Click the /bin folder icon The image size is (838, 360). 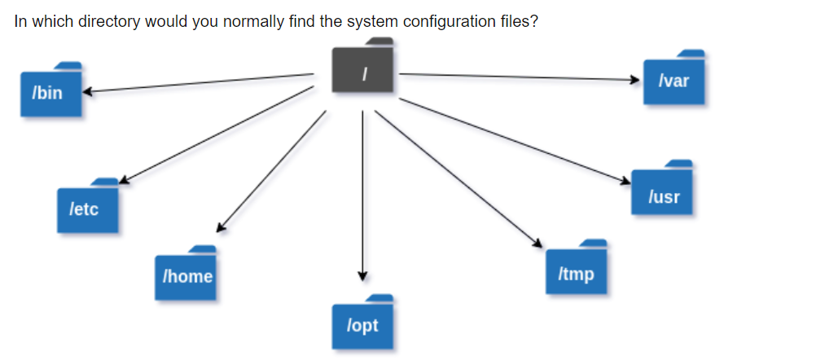click(x=50, y=90)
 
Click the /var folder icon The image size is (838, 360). click(x=673, y=80)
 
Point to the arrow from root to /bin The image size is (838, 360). click(x=195, y=83)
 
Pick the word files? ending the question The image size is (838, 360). click(x=518, y=22)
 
